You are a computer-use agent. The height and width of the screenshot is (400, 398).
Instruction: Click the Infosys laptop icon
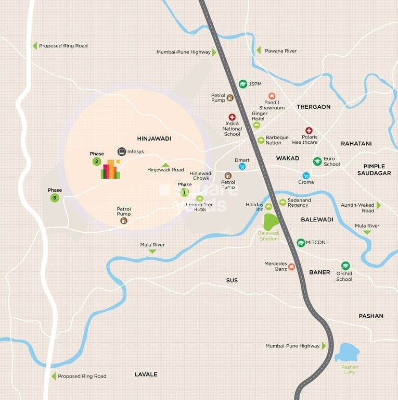(x=122, y=152)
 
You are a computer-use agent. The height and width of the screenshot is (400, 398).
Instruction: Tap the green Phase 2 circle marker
(x=97, y=161)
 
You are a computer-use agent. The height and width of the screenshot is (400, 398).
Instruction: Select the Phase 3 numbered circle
(x=55, y=198)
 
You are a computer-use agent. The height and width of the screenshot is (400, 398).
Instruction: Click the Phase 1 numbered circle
(x=184, y=193)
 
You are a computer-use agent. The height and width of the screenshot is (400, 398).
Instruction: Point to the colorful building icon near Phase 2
(x=110, y=169)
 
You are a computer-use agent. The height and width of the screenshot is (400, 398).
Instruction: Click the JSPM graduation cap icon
(x=242, y=84)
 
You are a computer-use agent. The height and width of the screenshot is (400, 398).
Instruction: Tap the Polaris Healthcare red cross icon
(x=309, y=131)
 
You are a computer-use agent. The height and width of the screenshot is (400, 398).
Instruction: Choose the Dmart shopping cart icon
(x=242, y=167)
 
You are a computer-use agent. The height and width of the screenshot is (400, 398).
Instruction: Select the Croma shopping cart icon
(x=306, y=176)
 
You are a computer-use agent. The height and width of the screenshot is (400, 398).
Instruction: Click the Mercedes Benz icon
(x=291, y=267)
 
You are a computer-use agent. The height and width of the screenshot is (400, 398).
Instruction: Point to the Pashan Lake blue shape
(x=346, y=354)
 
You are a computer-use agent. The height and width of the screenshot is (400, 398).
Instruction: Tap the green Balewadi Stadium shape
(x=271, y=222)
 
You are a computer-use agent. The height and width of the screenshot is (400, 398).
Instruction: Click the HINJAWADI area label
(x=154, y=139)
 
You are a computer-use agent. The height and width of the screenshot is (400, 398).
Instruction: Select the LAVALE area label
(x=146, y=374)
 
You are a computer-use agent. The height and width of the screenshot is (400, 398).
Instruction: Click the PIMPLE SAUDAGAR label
(x=377, y=169)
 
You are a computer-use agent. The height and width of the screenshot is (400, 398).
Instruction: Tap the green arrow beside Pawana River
(x=259, y=51)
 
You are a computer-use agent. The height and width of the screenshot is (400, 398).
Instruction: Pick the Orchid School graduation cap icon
(x=345, y=266)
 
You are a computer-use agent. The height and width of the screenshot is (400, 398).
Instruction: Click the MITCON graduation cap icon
(x=301, y=243)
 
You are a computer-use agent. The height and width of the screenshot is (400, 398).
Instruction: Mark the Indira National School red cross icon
(x=232, y=117)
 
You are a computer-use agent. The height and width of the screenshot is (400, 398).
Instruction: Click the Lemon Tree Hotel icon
(x=200, y=198)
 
